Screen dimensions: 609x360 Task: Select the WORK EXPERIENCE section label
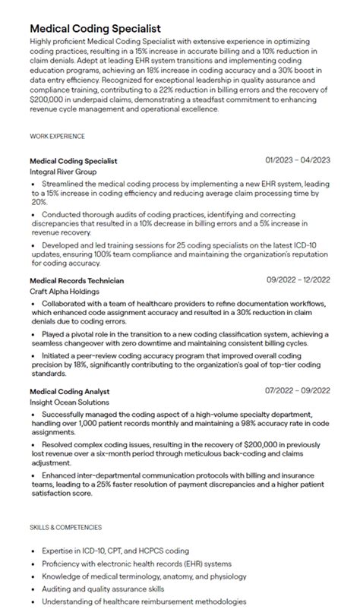pos(58,136)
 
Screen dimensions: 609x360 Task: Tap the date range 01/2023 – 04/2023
pos(297,160)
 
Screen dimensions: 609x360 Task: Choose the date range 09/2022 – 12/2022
pos(298,279)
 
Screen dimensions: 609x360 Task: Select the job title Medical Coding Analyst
pos(69,391)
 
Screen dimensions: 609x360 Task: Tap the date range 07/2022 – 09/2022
pos(297,390)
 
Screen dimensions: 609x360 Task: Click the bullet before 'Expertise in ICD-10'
pos(33,551)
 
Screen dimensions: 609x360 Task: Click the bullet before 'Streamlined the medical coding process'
pos(33,185)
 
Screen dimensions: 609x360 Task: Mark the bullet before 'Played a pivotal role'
pos(33,334)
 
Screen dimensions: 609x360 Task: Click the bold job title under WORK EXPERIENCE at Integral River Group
pos(73,161)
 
